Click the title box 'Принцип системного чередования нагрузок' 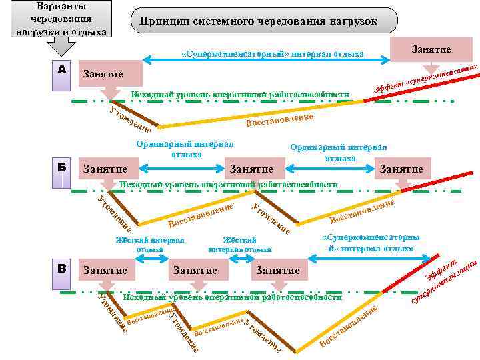pos(258,21)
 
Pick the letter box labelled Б pos(62,169)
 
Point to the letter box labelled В pos(62,269)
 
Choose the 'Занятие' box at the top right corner pos(431,49)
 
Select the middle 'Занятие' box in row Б pos(251,169)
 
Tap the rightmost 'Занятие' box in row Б pos(401,169)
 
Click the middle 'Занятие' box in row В pos(195,271)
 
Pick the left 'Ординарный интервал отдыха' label pos(185,149)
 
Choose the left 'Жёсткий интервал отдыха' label pos(149,245)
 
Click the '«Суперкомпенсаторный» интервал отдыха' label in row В pos(370,243)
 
